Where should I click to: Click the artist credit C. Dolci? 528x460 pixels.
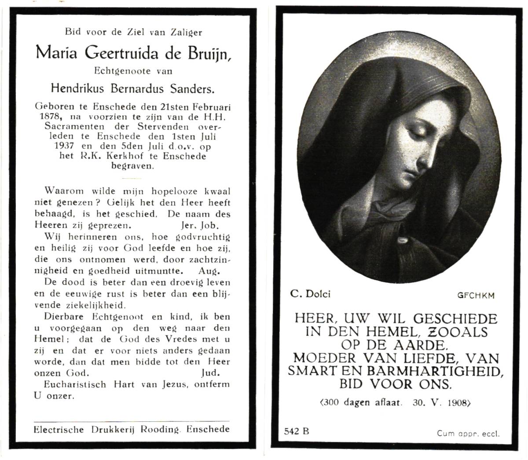310,294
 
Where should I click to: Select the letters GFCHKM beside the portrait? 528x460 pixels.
476,295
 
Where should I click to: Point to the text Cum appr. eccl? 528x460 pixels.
468,433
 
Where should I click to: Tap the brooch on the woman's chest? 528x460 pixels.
401,240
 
